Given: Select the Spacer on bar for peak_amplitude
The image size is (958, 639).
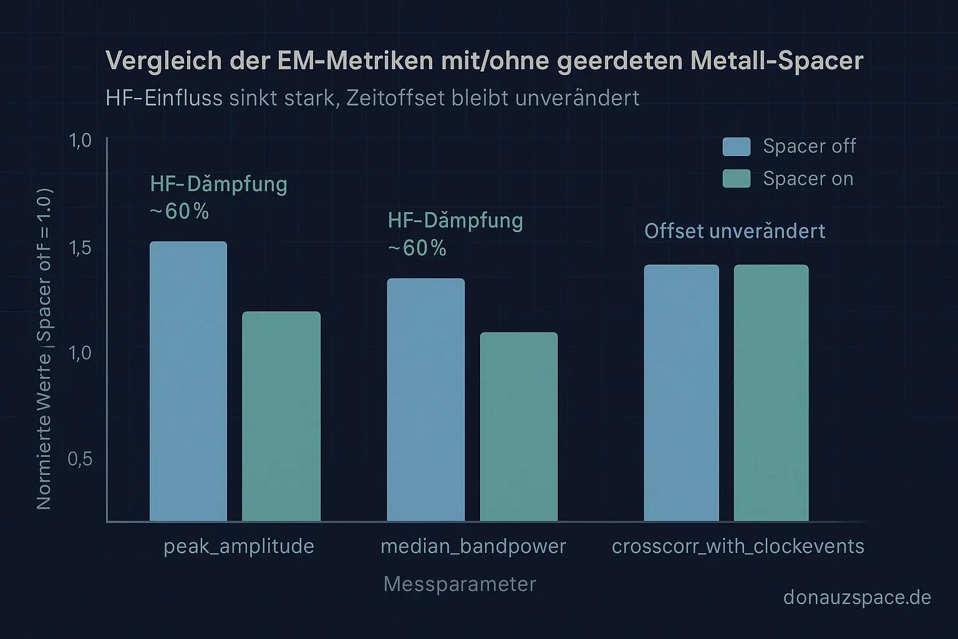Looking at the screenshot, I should (281, 416).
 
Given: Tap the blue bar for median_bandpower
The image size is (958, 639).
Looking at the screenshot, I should (426, 399).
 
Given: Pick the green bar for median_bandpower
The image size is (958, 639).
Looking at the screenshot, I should (519, 427).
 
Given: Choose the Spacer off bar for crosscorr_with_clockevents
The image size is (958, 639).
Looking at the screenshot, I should (681, 393).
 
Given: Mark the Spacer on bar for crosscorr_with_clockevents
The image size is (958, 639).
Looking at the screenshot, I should (772, 393).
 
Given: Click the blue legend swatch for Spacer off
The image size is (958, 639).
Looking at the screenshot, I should (737, 147).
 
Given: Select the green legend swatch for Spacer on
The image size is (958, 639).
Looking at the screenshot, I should (737, 179).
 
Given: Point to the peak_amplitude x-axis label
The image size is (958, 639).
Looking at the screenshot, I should (239, 547).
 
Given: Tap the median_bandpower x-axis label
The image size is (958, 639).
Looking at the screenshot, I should (473, 547).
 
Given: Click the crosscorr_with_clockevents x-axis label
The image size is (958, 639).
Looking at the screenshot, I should (738, 547).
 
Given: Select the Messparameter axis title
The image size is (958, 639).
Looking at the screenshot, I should (460, 584).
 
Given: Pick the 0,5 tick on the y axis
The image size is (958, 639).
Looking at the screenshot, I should (79, 459).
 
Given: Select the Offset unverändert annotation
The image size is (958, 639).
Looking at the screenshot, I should (735, 232).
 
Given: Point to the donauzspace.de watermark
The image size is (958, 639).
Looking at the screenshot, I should (857, 598).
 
